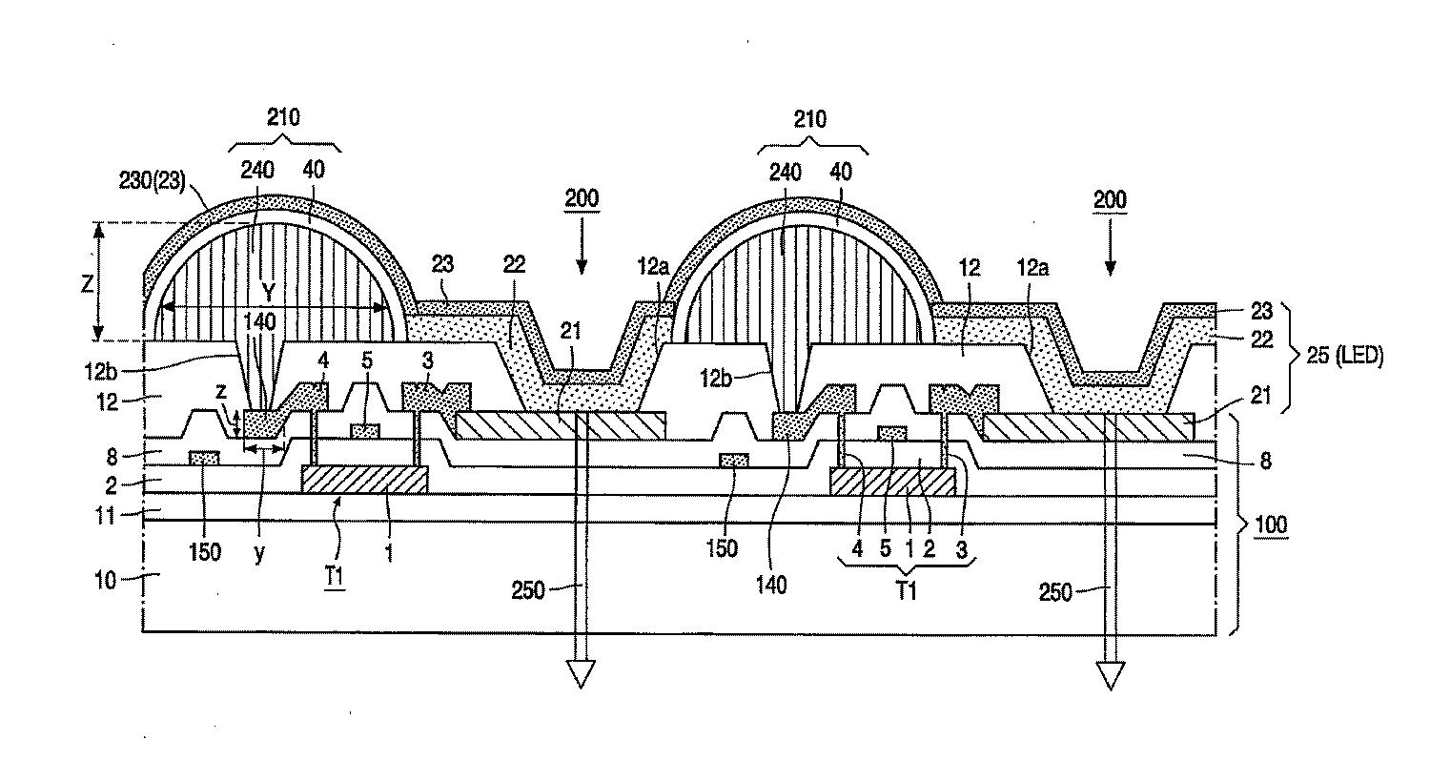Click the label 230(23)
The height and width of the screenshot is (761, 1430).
(x=152, y=180)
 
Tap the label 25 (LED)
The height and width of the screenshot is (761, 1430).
(x=1345, y=355)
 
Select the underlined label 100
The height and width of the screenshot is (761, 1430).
(x=1271, y=524)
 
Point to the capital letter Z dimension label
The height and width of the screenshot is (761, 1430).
(x=88, y=283)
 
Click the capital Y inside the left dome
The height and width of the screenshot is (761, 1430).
(x=269, y=293)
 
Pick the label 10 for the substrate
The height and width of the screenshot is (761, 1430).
(x=105, y=581)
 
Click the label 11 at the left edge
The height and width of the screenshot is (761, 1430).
(x=105, y=515)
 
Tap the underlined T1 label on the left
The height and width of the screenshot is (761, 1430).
(x=334, y=577)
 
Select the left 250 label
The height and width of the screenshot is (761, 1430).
(x=528, y=590)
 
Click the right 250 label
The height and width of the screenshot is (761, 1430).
(x=1055, y=592)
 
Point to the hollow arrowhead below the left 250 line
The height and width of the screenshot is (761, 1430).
(x=581, y=674)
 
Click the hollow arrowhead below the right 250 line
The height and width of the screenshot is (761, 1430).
(x=1111, y=676)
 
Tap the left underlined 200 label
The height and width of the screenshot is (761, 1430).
(x=582, y=198)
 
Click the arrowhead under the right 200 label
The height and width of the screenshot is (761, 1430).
(x=1111, y=268)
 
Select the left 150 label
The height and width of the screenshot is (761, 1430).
(x=205, y=551)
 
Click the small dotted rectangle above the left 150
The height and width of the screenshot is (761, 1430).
(x=204, y=458)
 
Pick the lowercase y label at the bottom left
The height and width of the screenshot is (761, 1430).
(x=258, y=553)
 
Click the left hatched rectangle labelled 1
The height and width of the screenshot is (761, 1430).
(x=364, y=480)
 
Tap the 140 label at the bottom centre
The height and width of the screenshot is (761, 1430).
(x=771, y=585)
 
